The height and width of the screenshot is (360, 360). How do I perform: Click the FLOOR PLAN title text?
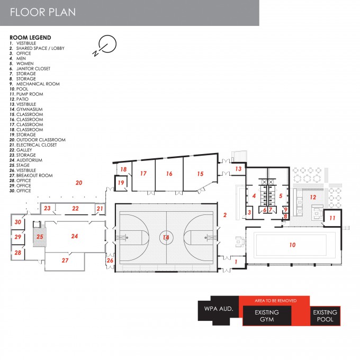click(x=43, y=12)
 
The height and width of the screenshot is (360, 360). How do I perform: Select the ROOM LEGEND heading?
click(x=30, y=38)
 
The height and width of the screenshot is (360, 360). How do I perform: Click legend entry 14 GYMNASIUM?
click(x=26, y=109)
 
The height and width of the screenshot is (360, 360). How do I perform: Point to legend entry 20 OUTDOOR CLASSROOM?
click(x=38, y=140)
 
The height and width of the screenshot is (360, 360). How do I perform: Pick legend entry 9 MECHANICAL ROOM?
click(x=34, y=84)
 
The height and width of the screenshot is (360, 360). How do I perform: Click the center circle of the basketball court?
click(x=166, y=237)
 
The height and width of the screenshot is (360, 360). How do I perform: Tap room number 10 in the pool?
click(x=292, y=245)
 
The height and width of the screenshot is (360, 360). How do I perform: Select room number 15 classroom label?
click(x=200, y=174)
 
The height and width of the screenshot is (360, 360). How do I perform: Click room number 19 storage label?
click(x=121, y=183)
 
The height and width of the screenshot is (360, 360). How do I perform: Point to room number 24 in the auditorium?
click(x=75, y=236)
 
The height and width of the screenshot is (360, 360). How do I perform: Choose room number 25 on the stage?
click(x=40, y=237)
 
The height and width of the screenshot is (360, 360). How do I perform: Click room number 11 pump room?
click(x=332, y=218)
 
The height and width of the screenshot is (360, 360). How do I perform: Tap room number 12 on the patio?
click(x=313, y=197)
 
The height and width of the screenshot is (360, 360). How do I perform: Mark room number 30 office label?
click(x=18, y=222)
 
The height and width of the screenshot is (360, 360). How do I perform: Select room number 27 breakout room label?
click(x=65, y=260)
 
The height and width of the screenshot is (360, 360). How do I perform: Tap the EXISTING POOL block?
click(x=325, y=316)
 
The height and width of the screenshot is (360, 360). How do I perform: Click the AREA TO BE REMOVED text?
click(x=275, y=301)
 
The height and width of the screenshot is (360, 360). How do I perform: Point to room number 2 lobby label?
click(x=225, y=215)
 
